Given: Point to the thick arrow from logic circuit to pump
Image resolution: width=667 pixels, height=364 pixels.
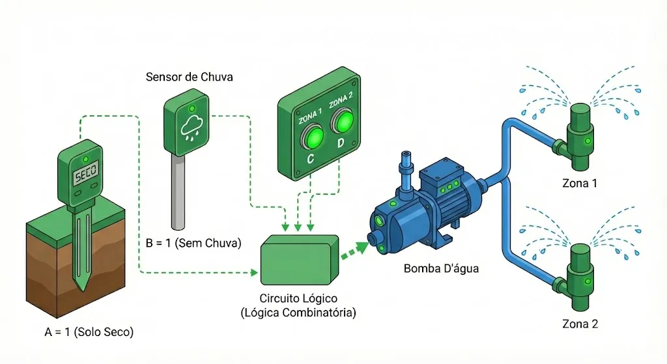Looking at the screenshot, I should (353, 251).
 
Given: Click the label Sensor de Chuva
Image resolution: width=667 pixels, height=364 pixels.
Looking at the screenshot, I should (190, 77).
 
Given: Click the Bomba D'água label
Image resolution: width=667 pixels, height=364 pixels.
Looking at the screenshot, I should (441, 268).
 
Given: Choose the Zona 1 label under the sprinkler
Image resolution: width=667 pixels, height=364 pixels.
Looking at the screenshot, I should (579, 183).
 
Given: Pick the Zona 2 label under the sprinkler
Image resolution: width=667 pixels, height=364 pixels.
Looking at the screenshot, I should (579, 323).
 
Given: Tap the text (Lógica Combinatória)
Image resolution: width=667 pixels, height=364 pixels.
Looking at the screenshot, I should (298, 312).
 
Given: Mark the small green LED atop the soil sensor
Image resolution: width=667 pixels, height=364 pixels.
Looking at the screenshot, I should (85, 158).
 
